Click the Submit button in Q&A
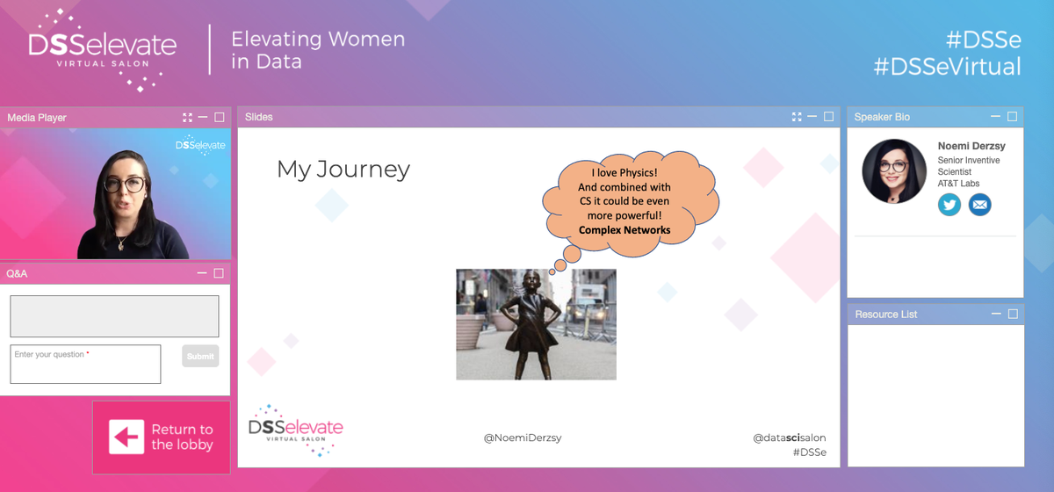point(200,356)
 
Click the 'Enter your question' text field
point(85,364)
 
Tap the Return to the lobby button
point(161,437)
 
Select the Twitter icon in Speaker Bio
point(949,205)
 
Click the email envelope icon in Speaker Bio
point(979,205)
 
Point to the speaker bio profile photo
point(894,171)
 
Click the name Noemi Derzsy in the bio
point(971,147)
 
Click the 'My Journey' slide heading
point(343,169)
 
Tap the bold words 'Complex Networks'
point(624,230)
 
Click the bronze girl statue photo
point(536,324)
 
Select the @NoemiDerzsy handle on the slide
point(523,437)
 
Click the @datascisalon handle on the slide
point(789,437)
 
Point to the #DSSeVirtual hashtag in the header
point(947,67)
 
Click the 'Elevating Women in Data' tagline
point(317,50)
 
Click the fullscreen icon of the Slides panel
point(796,117)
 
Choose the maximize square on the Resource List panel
point(1013,314)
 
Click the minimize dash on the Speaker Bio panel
point(995,117)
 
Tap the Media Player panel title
point(37,118)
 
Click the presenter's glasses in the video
point(125,185)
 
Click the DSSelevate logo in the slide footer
point(296,430)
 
